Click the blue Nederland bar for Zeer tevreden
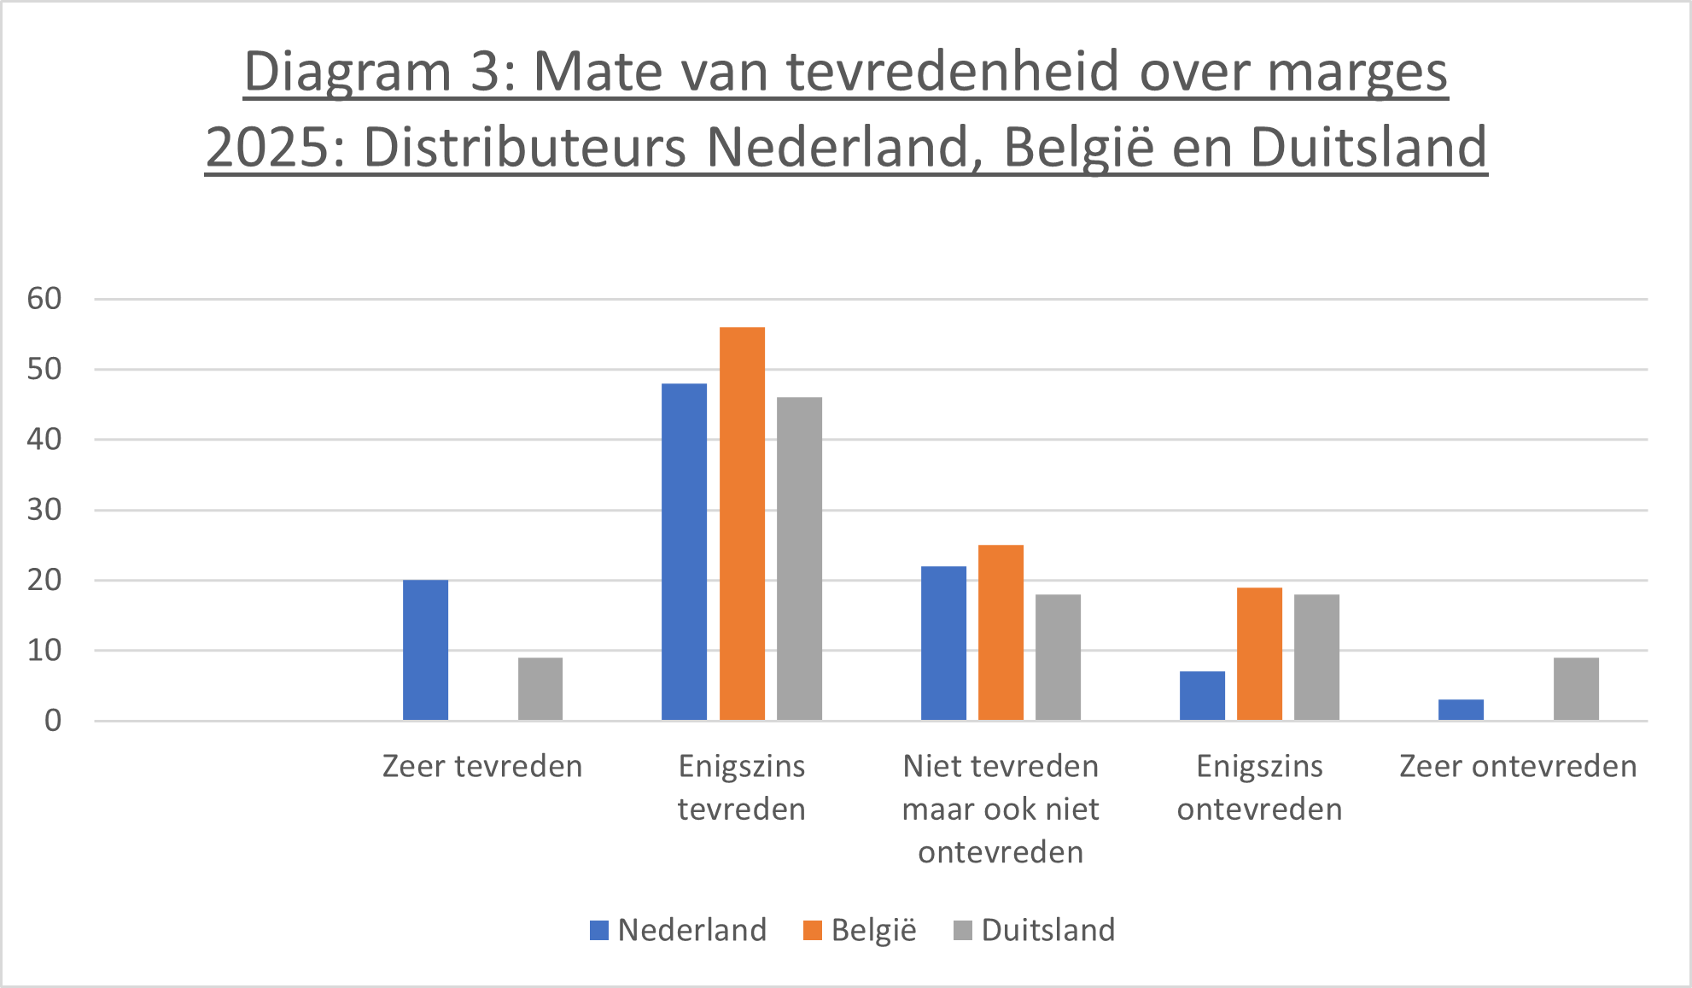(x=425, y=650)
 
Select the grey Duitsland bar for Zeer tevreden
(x=540, y=688)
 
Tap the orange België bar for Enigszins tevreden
(x=742, y=523)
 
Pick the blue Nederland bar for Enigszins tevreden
(x=684, y=552)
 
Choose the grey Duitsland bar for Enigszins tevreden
(x=799, y=558)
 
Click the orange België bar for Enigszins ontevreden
(x=1259, y=653)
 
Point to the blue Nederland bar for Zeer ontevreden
(x=1461, y=710)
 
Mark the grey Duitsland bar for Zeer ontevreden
(x=1576, y=688)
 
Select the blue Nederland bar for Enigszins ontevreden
(x=1202, y=695)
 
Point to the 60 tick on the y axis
(x=44, y=299)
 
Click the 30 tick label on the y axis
(x=44, y=510)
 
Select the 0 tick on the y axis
(x=53, y=721)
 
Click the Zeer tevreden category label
(x=482, y=766)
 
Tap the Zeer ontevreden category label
(x=1518, y=766)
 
